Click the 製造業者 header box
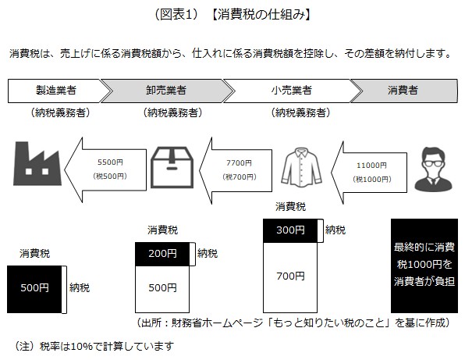coord(59,90)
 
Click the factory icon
coord(36,166)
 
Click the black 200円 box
coord(163,254)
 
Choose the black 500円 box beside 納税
coord(35,288)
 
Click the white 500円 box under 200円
coord(163,288)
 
